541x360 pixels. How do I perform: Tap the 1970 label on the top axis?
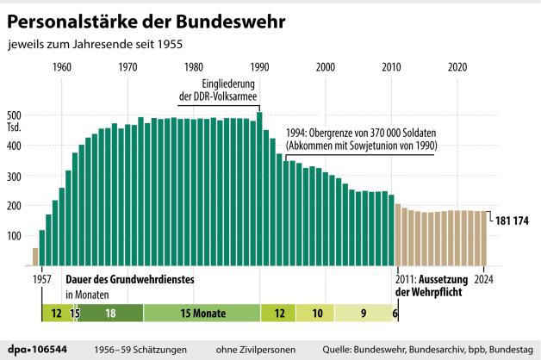coord(127,68)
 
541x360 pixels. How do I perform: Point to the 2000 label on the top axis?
coord(326,68)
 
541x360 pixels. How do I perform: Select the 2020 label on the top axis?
coord(458,68)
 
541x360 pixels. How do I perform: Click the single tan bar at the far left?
coord(35,257)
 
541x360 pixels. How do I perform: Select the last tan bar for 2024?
coord(484,238)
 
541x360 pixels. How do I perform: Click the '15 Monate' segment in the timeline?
coord(202,313)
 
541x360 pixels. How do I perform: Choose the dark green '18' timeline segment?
coord(111,313)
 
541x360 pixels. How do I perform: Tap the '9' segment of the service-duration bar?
coord(363,313)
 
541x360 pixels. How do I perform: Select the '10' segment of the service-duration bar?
coord(316,313)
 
